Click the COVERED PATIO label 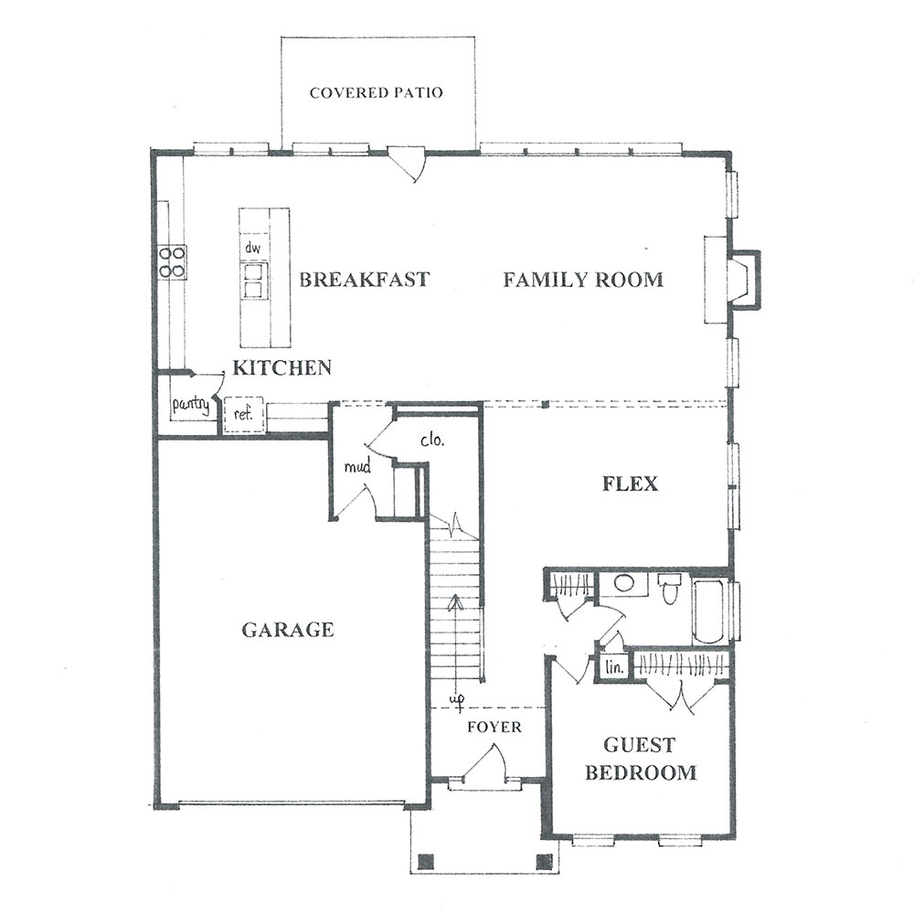(x=376, y=92)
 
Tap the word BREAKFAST (x=365, y=280)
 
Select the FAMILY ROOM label (x=583, y=280)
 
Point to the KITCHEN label (x=282, y=367)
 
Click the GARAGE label (x=288, y=630)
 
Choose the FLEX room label (x=630, y=484)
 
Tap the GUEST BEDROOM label (x=641, y=759)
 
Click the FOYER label (x=494, y=727)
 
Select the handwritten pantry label (x=191, y=404)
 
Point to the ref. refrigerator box (x=244, y=414)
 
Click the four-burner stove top (x=173, y=261)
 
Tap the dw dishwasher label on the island (x=252, y=248)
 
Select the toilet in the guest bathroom (x=670, y=589)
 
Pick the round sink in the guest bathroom (x=624, y=583)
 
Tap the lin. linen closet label (x=614, y=667)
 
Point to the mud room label (x=357, y=466)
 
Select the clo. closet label (x=432, y=441)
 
